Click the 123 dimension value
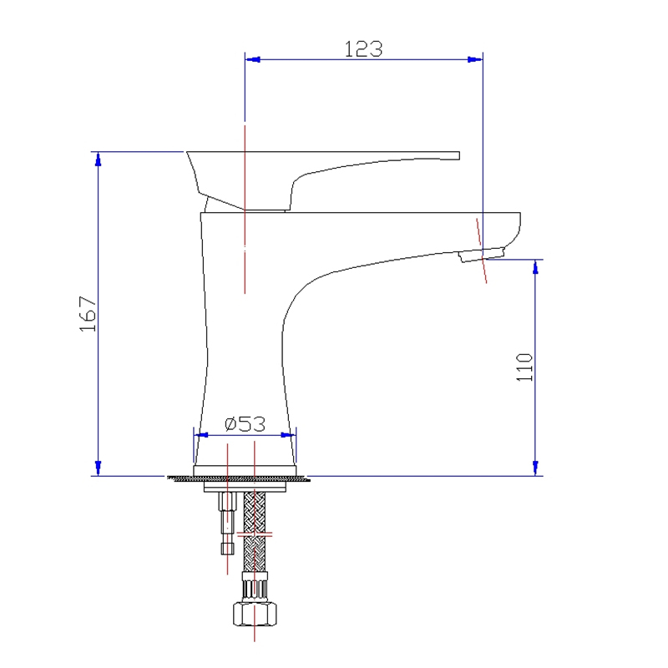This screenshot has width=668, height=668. point(363,49)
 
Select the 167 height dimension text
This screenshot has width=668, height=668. point(89,314)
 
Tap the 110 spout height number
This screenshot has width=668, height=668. point(524,367)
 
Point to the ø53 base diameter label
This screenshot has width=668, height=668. point(245,424)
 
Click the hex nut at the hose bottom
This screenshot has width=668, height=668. point(255,614)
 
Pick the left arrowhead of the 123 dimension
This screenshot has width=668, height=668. point(253,59)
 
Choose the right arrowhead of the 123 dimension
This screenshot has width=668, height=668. point(475,59)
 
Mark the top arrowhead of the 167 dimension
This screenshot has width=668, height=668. point(99,159)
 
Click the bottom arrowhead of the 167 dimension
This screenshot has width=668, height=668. point(99,468)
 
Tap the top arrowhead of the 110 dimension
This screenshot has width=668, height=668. point(535,266)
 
